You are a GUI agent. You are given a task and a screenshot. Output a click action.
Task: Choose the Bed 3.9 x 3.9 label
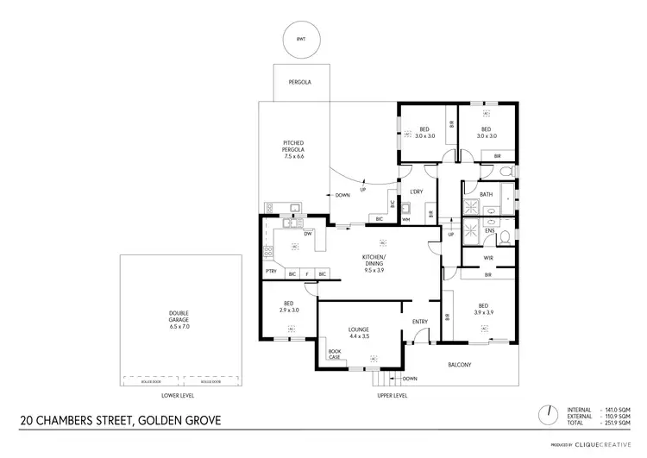coord(484,310)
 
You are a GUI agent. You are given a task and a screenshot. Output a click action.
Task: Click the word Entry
coord(420,323)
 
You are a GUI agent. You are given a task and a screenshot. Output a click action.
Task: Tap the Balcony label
coord(459,364)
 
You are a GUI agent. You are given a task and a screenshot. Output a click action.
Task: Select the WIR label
coord(488,257)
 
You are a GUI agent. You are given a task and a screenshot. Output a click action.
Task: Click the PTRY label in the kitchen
coord(271,274)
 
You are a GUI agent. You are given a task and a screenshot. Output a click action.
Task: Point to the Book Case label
coord(335,354)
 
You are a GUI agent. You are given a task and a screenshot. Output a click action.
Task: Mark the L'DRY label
coord(416,191)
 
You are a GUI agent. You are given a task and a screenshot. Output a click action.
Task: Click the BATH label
coord(486,194)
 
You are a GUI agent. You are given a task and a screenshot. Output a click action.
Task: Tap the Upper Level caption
coord(393,395)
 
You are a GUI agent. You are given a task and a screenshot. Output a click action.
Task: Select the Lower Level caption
coord(178,395)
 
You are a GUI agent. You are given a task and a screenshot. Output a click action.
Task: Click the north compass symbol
coord(547,414)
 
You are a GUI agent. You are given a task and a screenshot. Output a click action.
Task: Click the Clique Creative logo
coord(604,446)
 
